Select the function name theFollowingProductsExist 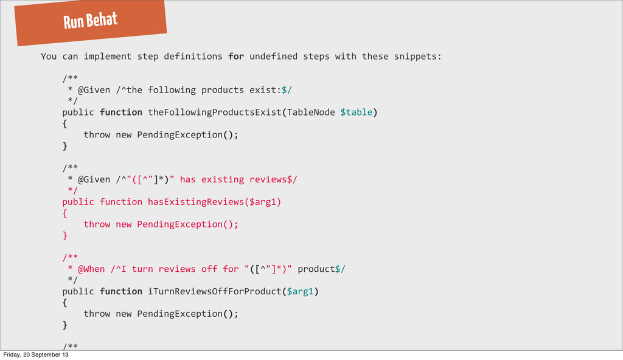pos(215,112)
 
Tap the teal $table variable pos(356,112)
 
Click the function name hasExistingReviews pos(196,201)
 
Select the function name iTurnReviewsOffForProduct pos(215,291)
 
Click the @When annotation pos(91,269)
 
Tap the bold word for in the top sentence pos(236,57)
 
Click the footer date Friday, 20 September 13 pos(36,355)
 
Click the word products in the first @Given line pos(223,90)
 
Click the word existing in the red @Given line pos(223,179)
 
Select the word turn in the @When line pos(142,269)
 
